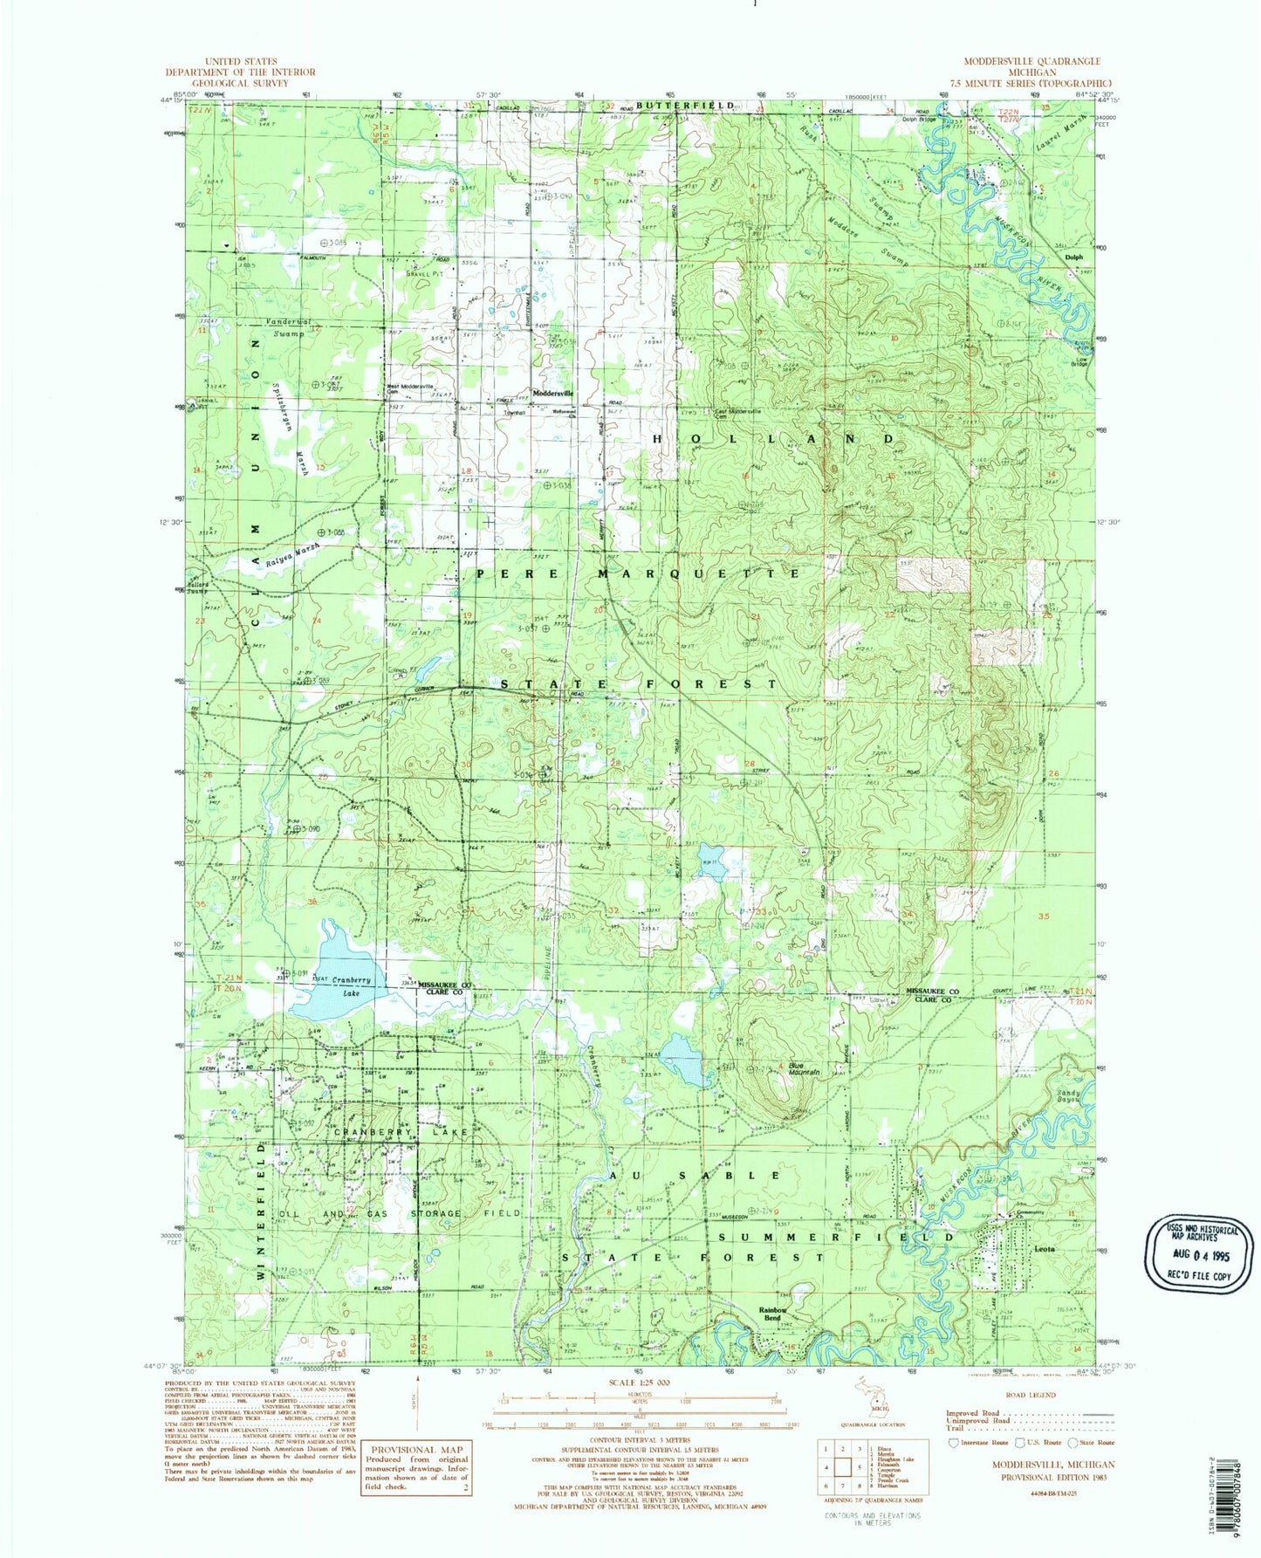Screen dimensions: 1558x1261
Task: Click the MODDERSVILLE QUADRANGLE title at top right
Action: click(x=1031, y=61)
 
